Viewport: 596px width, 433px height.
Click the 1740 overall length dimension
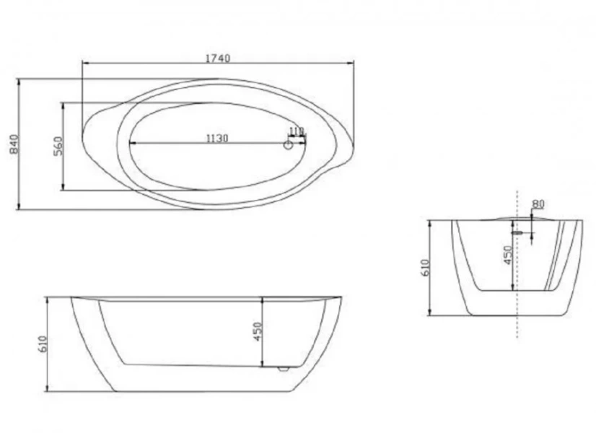pyautogui.click(x=217, y=58)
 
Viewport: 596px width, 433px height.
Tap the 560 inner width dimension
pyautogui.click(x=59, y=146)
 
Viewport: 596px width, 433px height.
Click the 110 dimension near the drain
pyautogui.click(x=296, y=131)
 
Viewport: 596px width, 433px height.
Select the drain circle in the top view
pyautogui.click(x=289, y=145)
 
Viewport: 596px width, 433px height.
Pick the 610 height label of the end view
pyautogui.click(x=425, y=268)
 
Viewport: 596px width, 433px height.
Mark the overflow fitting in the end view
pyautogui.click(x=517, y=233)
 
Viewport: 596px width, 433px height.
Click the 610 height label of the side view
pyautogui.click(x=43, y=344)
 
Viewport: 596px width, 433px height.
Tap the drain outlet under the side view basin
pyautogui.click(x=284, y=368)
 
